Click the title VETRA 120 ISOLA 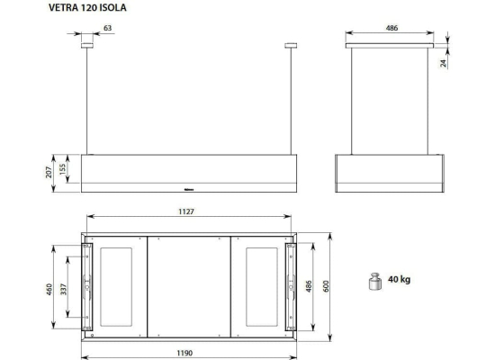click(x=87, y=7)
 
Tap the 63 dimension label click(x=108, y=28)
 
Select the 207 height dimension click(x=49, y=172)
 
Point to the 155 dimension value click(x=63, y=169)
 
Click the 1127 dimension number click(x=186, y=211)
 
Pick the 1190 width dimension click(x=184, y=353)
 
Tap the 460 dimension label click(x=49, y=290)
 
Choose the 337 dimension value click(x=64, y=289)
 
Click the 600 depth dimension click(x=327, y=286)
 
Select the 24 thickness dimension click(x=444, y=63)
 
